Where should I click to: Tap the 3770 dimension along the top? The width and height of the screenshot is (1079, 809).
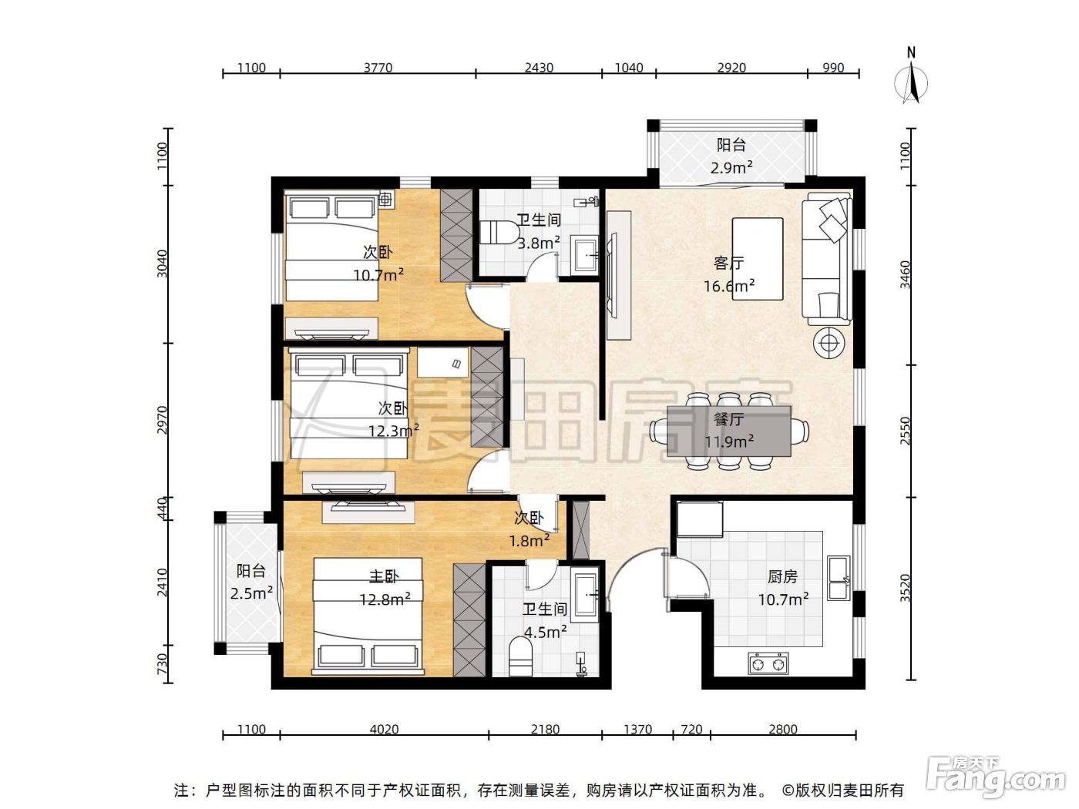tap(378, 67)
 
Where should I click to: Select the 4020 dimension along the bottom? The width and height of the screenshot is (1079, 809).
tap(384, 729)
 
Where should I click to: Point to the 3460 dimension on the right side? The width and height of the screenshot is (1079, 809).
tap(906, 274)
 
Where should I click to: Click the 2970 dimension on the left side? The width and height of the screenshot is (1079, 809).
tap(162, 420)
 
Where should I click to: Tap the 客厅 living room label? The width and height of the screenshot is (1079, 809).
tap(728, 264)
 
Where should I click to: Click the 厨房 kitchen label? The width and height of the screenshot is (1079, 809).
tap(782, 576)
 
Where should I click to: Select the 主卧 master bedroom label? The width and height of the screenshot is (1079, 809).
tap(384, 576)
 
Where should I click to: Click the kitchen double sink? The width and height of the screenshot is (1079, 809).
tap(839, 578)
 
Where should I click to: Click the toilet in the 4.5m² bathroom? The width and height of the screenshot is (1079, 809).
tap(521, 656)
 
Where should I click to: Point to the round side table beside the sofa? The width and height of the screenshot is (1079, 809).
tap(829, 342)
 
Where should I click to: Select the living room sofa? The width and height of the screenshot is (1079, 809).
tap(827, 258)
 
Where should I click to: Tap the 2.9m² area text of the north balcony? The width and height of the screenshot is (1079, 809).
tap(731, 168)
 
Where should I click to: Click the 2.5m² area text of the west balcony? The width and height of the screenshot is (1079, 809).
tap(251, 593)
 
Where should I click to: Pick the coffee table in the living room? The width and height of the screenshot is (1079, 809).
tap(758, 259)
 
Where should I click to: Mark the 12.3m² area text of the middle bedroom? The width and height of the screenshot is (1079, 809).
tap(394, 431)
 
